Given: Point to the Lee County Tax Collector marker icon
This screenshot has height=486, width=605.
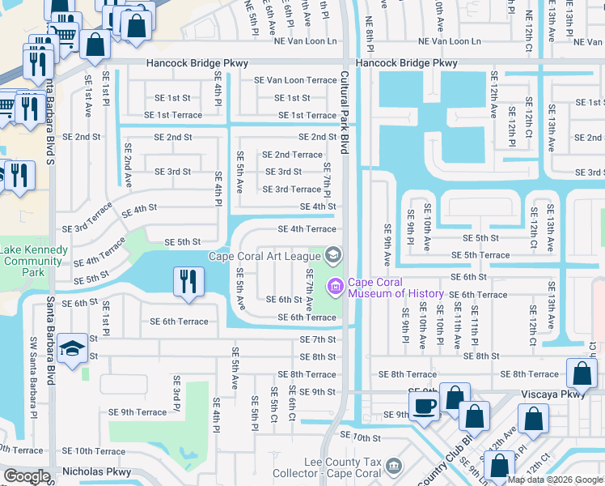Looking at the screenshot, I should [x=393, y=467].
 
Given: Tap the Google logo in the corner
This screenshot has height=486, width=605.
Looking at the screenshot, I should [x=27, y=476].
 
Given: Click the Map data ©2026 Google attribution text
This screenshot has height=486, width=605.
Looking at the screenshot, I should [x=555, y=480].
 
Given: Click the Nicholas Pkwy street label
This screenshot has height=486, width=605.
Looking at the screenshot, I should [x=96, y=471].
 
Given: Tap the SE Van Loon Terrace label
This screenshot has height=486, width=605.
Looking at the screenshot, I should [x=295, y=80].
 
